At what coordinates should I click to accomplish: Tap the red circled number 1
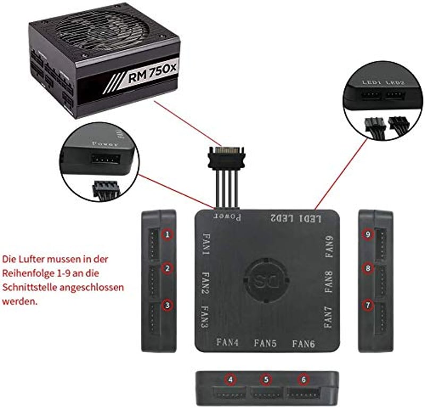pos(167,234)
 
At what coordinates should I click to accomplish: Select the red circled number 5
pos(266,379)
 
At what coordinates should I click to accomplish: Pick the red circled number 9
pos(368,234)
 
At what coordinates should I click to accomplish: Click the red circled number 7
pos(368,306)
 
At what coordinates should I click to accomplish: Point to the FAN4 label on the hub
pos(227,342)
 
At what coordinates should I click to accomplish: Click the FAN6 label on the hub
pos(303,344)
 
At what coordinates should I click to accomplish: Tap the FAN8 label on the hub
pos(328,282)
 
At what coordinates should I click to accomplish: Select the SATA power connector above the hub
pos(227,158)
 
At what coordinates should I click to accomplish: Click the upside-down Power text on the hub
pos(227,217)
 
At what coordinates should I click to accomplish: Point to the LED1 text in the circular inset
pos(371,82)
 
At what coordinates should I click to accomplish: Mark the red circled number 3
pos(167,306)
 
